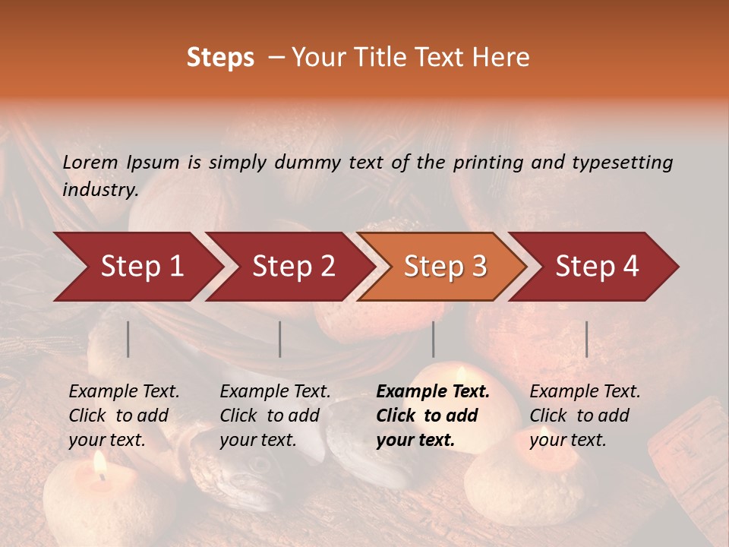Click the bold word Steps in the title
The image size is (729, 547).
220,58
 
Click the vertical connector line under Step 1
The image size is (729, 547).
128,339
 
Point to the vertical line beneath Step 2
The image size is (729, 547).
280,339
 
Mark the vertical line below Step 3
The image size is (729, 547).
434,339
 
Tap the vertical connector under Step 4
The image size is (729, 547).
587,339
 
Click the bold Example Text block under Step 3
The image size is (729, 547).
433,416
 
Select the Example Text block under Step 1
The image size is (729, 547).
124,416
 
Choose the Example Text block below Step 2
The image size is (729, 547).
275,416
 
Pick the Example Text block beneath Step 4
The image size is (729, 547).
585,416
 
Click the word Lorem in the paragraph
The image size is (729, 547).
90,162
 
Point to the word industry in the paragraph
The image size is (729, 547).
99,190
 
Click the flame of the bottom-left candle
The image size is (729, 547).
99,463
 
